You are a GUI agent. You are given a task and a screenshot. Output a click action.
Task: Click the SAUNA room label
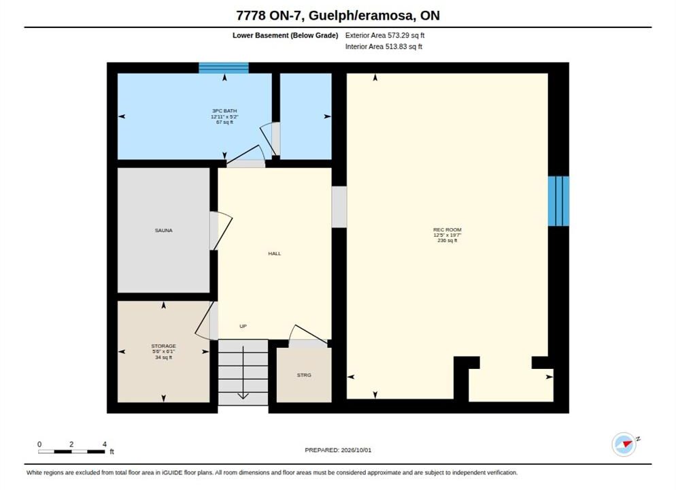[x=163, y=230]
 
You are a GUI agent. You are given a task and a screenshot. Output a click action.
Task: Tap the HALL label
[x=274, y=254]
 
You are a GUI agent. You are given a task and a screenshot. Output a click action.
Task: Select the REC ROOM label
[x=447, y=230]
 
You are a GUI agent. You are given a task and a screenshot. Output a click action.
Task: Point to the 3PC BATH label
[x=224, y=111]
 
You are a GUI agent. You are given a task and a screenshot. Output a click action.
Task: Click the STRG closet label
[x=304, y=375]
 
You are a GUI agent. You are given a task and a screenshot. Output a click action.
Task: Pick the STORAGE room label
[x=163, y=346]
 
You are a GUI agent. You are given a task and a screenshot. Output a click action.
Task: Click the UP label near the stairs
[x=243, y=327]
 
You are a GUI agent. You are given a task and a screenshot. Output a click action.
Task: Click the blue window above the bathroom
[x=223, y=68]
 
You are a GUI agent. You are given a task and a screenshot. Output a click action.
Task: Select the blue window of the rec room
[x=559, y=201]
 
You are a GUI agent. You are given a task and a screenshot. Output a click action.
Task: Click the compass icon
[x=624, y=444]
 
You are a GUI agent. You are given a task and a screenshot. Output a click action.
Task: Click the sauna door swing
[x=221, y=231]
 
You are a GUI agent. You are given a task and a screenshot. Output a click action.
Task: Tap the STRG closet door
[x=308, y=336]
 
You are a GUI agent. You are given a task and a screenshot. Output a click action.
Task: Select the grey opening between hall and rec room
[x=339, y=207]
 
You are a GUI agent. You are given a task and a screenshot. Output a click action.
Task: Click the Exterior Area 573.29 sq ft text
[x=384, y=35]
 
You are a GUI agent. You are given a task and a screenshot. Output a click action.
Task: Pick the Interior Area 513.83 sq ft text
[x=384, y=46]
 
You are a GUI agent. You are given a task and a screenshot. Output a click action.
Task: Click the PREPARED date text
[x=338, y=450]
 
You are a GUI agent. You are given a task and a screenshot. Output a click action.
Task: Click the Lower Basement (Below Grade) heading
[x=285, y=35]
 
